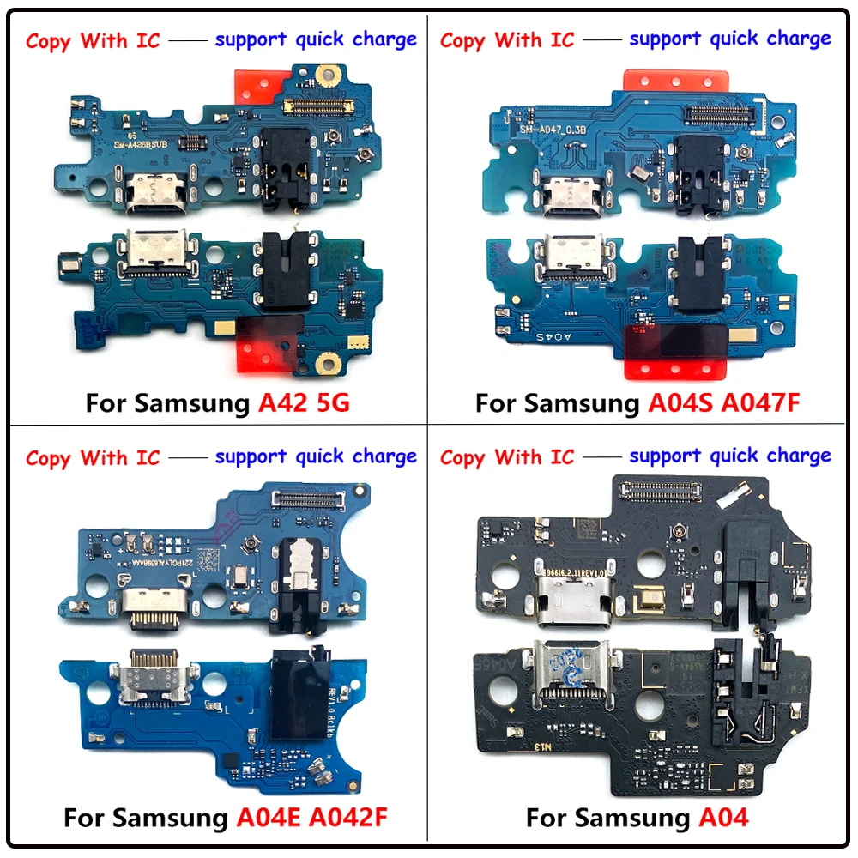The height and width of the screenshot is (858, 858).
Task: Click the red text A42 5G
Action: tap(304, 402)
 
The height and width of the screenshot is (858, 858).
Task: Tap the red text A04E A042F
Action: tap(317, 817)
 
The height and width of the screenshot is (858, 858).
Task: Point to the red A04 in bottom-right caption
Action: tap(722, 817)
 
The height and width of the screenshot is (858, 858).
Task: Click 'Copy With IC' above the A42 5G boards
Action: tap(93, 41)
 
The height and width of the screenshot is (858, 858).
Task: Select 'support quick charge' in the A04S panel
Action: tap(729, 39)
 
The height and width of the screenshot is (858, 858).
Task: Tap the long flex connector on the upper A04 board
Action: tap(658, 491)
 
